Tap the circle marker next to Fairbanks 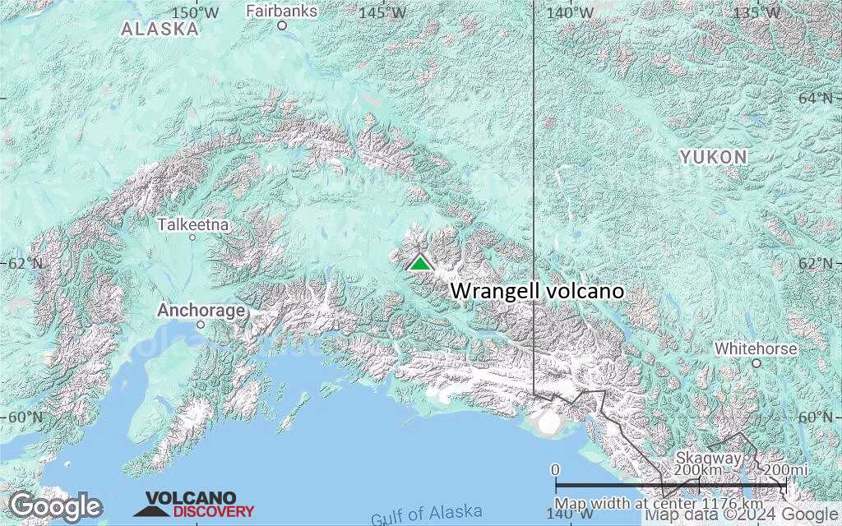[281, 25]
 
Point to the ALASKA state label [160, 29]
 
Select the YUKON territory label [713, 156]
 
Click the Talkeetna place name [193, 224]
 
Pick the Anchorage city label [201, 311]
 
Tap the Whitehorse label [755, 348]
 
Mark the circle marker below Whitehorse [756, 362]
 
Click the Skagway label [709, 458]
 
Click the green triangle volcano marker [420, 262]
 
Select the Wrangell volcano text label [537, 291]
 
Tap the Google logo [55, 505]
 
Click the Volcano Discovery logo [194, 504]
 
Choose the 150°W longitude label [196, 12]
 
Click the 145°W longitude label [383, 12]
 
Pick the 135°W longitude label [757, 12]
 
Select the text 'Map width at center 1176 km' [659, 503]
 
